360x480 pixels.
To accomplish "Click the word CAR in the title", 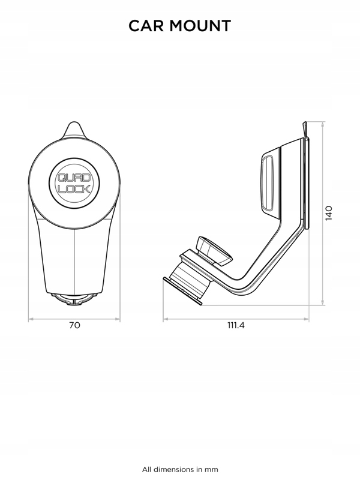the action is pos(146,26).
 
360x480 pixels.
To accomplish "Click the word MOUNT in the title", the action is pos(200,26).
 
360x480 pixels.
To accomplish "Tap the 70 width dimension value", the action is pos(74,325).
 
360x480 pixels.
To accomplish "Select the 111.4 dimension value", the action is pos(236,325).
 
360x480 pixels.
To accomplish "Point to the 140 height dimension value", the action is pos(328,213).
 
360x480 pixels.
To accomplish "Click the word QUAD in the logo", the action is pos(74,178).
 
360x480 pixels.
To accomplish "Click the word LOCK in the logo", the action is pos(74,189).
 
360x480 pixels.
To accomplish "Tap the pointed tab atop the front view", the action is pos(74,130).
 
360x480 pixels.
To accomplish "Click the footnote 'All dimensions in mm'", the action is pos(180,469).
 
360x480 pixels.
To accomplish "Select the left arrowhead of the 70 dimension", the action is pos(31,319).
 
